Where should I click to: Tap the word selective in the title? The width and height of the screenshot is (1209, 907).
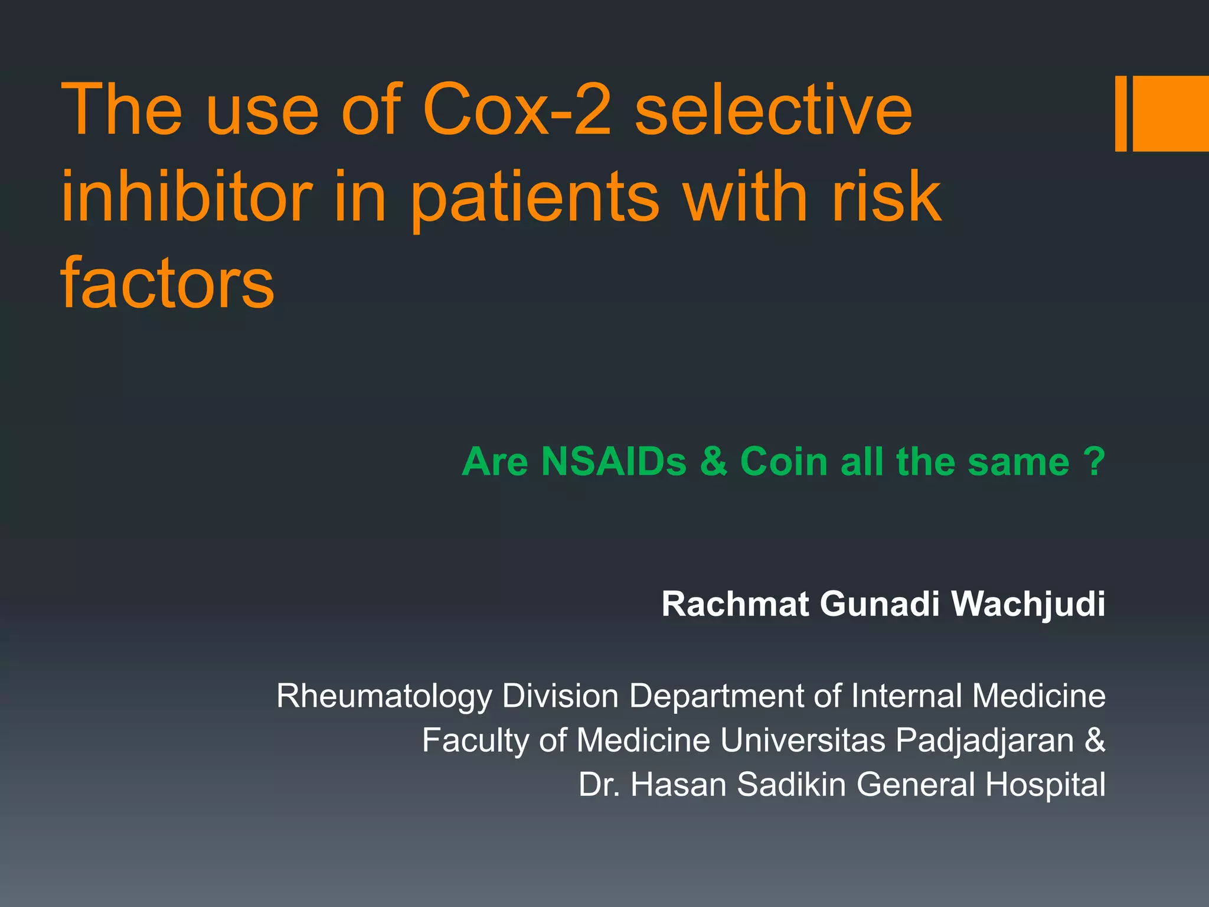coord(773,110)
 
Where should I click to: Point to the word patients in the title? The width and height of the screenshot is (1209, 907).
coord(534,198)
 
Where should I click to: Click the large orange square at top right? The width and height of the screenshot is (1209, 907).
coord(1171,113)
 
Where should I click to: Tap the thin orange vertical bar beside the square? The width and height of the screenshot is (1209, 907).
coord(1120,113)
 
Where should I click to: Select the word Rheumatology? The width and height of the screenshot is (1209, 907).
coord(384,697)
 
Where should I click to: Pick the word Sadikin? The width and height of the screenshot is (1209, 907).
coord(791,785)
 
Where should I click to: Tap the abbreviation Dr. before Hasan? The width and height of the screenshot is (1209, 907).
coord(599,785)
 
